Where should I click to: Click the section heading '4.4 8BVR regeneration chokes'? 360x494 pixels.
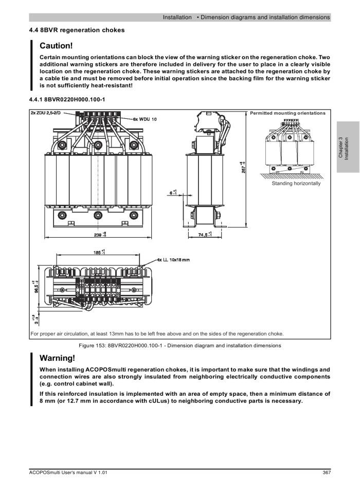[x=77, y=30]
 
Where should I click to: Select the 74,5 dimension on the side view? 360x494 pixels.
[x=204, y=235]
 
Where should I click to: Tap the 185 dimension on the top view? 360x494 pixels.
[x=98, y=253]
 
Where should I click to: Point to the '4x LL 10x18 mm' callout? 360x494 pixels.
[x=172, y=259]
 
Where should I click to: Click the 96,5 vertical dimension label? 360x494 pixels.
[x=33, y=287]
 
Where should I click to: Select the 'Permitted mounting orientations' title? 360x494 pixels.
[x=287, y=113]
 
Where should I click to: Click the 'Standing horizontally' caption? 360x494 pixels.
[x=296, y=184]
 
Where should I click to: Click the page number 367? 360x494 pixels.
[x=326, y=472]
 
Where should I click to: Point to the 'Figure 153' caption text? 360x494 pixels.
[x=179, y=345]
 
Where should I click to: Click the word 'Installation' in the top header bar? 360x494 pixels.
[x=177, y=17]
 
